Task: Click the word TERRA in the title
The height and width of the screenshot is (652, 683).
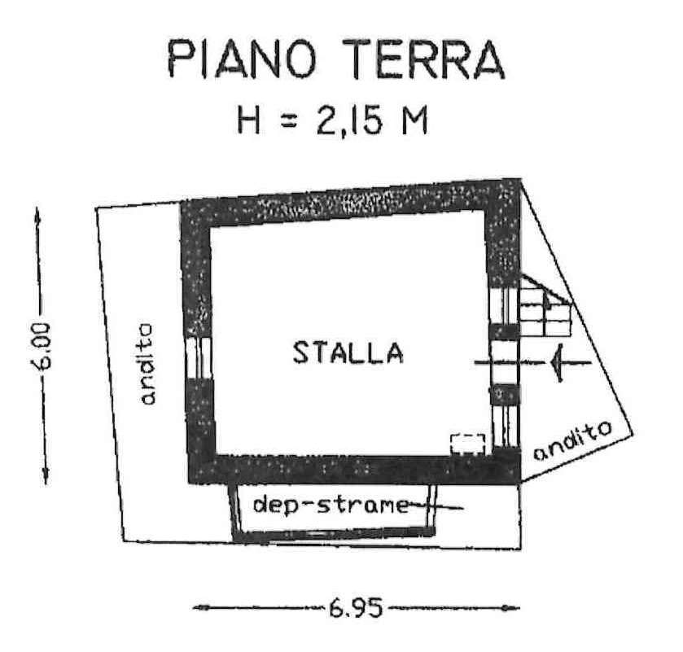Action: pyautogui.click(x=424, y=59)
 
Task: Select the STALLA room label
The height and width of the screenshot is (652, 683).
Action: pyautogui.click(x=348, y=352)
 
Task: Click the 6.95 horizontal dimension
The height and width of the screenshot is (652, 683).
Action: pyautogui.click(x=356, y=607)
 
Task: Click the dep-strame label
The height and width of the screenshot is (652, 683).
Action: pyautogui.click(x=331, y=506)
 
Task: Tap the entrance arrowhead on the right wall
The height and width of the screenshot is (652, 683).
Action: pyautogui.click(x=558, y=362)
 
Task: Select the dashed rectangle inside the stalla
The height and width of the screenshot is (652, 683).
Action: pyautogui.click(x=468, y=444)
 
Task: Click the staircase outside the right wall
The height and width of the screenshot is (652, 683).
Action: pyautogui.click(x=545, y=307)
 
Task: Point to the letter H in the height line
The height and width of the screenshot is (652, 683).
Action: pyautogui.click(x=249, y=120)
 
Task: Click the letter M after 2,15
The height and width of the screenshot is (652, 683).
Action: pyautogui.click(x=414, y=120)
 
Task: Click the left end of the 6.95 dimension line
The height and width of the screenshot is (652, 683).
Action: pyautogui.click(x=194, y=607)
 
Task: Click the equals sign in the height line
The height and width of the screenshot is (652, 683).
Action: pyautogui.click(x=288, y=121)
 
